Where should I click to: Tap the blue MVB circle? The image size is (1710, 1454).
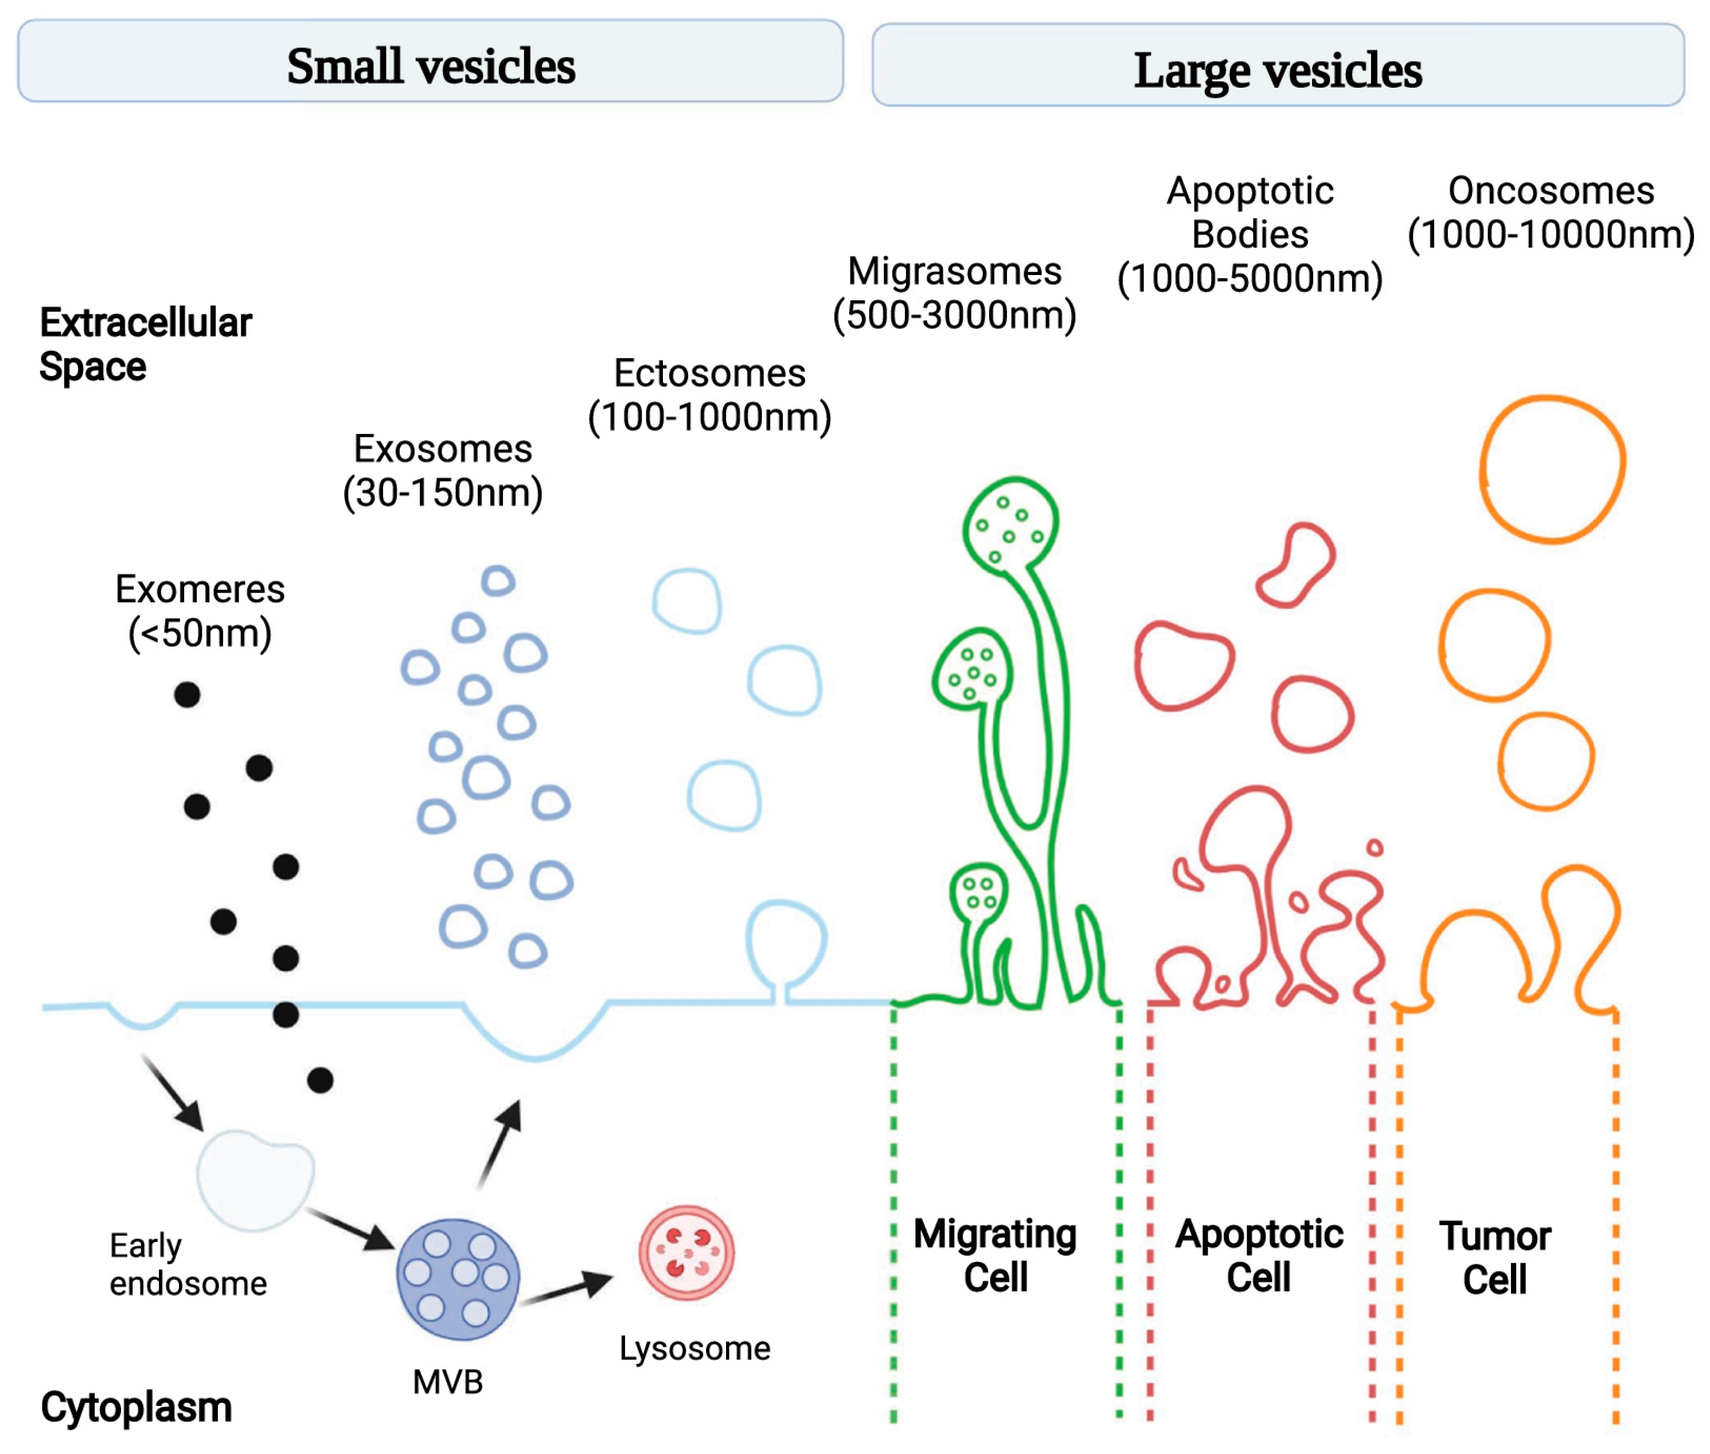click(458, 1279)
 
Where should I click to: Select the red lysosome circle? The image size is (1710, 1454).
click(686, 1253)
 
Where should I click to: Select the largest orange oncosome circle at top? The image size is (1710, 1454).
click(1551, 470)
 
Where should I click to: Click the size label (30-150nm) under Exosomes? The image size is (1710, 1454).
click(443, 493)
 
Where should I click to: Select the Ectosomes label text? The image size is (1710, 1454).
click(709, 374)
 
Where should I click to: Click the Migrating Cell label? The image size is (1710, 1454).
click(994, 1255)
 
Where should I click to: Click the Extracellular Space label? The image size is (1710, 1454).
click(145, 344)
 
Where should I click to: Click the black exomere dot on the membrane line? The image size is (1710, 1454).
click(285, 1014)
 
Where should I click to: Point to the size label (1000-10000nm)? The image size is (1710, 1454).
click(1550, 235)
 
